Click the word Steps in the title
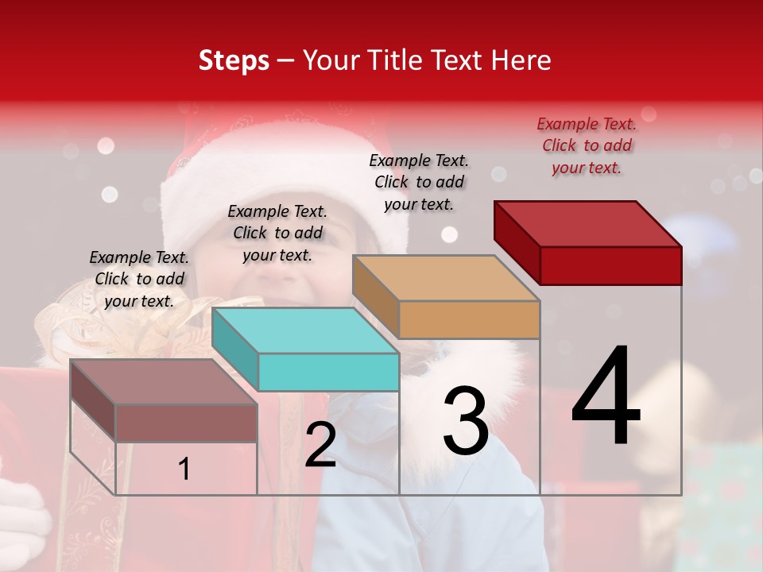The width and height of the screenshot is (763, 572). coord(234,60)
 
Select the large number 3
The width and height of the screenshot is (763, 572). coord(466,420)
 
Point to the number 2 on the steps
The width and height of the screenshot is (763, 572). coord(320,446)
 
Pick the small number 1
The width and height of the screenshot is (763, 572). coord(184,469)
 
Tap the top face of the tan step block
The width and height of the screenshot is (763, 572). coord(446,278)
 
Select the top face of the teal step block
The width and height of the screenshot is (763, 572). coord(305,330)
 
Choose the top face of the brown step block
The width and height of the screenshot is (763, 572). coord(164,382)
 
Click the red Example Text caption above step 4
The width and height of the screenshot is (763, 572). coord(587,145)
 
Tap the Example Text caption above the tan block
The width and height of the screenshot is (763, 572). coord(419,182)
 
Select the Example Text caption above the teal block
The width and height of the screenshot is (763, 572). coord(277,233)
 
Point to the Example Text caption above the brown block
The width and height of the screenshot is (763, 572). coord(139,279)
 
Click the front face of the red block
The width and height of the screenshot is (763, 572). coord(610,265)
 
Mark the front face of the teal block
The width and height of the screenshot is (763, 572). coord(328,372)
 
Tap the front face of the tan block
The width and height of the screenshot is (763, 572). coord(469,319)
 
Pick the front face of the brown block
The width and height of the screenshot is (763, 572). coord(186,423)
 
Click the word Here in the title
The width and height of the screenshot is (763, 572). coord(522,60)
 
